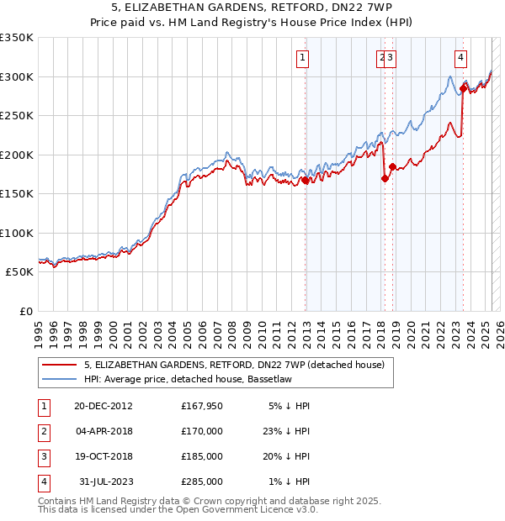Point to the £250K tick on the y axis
[x=17, y=116]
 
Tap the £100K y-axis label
[x=17, y=233]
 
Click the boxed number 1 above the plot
[x=302, y=58]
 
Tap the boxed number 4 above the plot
[x=461, y=58]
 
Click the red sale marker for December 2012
[x=306, y=180]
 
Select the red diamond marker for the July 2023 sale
[x=464, y=88]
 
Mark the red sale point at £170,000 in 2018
[x=385, y=178]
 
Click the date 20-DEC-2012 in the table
[x=104, y=406]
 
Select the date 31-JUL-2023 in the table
[x=104, y=482]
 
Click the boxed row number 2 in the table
[x=43, y=431]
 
